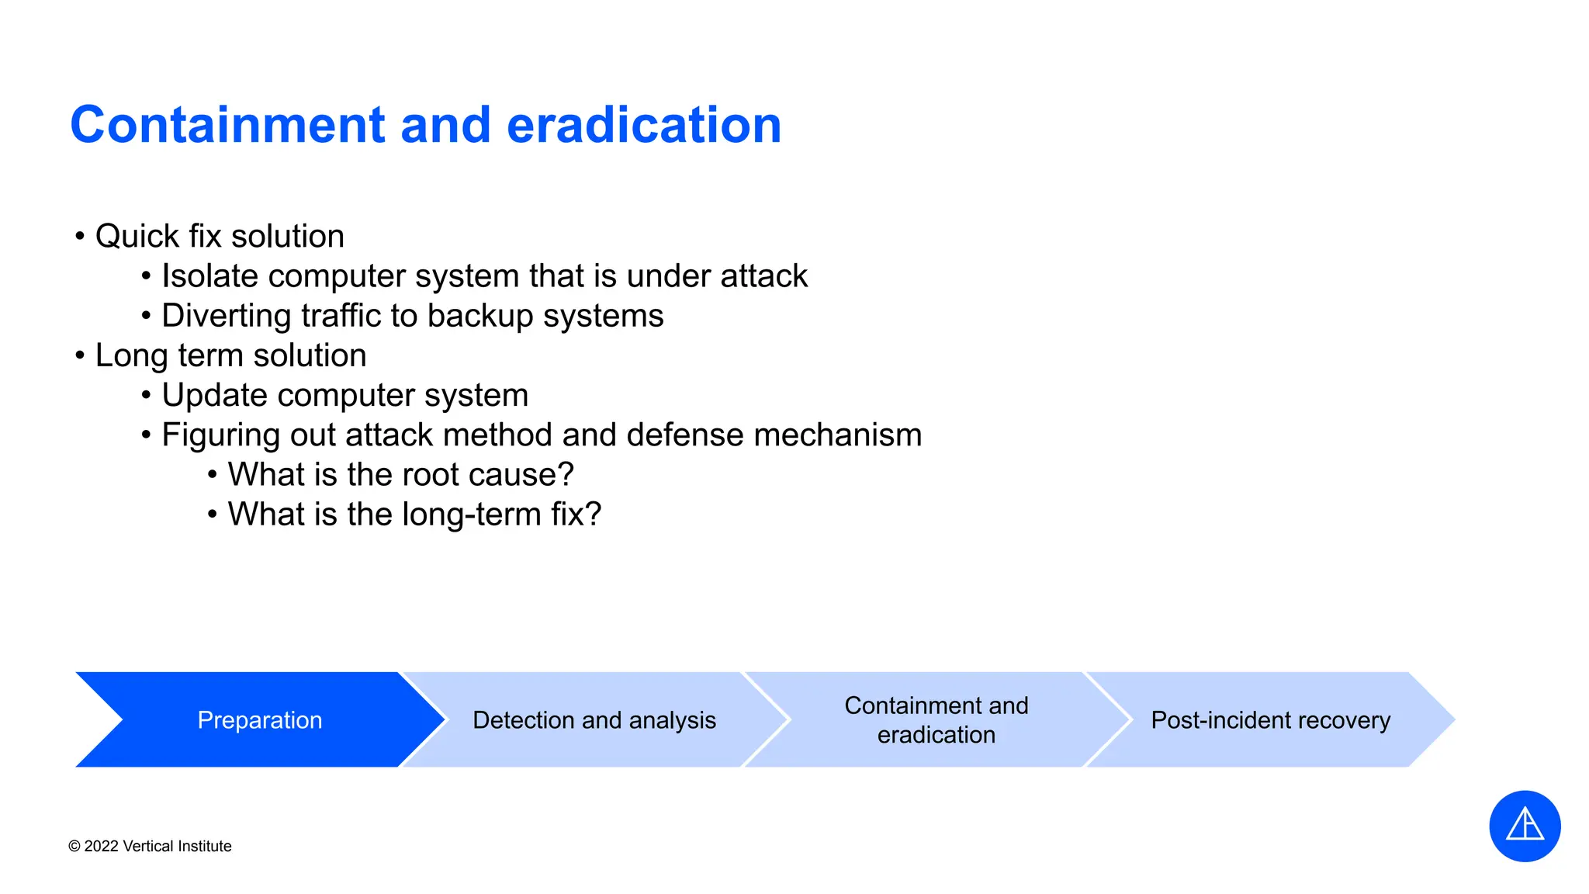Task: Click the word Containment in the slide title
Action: (227, 125)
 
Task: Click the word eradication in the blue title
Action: (643, 125)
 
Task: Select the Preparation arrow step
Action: (259, 720)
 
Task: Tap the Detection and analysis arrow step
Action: (594, 720)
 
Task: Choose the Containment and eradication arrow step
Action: (936, 720)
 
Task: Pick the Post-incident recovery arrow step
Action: (1270, 720)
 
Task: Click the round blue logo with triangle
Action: (1524, 826)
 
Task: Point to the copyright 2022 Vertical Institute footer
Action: (150, 846)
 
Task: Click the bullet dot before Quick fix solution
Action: (80, 236)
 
